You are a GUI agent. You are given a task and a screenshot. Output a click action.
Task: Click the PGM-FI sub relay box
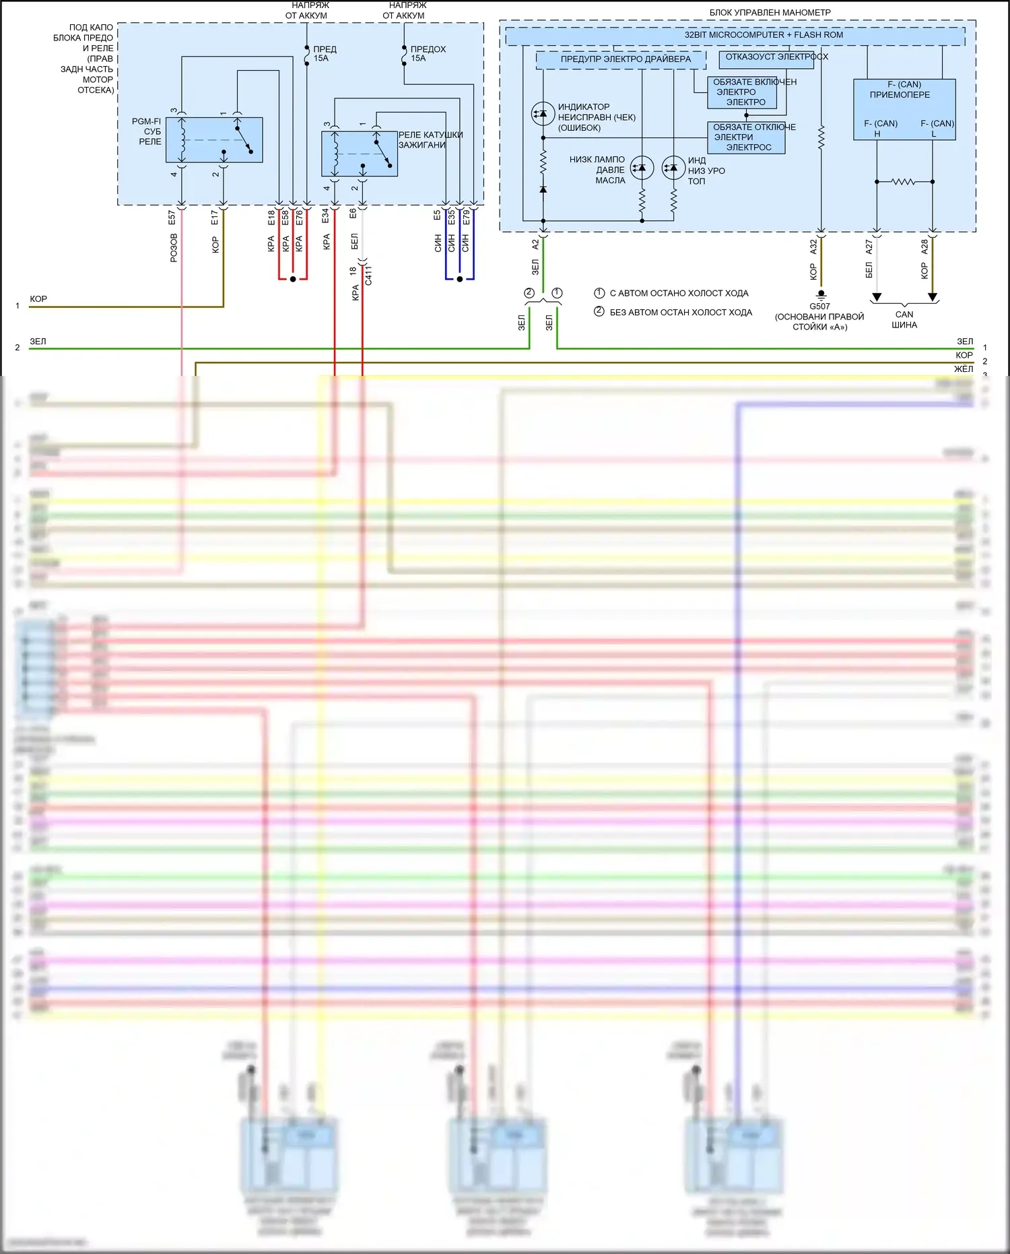(214, 140)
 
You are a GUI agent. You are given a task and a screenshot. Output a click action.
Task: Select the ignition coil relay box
(360, 154)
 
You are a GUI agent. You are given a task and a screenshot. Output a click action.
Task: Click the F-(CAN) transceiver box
(904, 109)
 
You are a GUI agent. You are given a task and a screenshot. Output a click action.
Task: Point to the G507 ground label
(819, 307)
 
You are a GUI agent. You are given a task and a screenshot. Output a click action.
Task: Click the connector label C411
(368, 276)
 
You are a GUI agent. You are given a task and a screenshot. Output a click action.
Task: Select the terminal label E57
(172, 218)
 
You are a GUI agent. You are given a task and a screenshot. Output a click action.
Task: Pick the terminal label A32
(813, 247)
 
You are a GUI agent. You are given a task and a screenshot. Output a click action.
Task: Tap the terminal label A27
(869, 247)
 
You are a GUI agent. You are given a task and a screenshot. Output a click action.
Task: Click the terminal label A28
(924, 247)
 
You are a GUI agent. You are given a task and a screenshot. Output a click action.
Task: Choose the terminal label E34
(325, 216)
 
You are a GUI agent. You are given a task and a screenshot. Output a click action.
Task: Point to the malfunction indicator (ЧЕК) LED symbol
(543, 114)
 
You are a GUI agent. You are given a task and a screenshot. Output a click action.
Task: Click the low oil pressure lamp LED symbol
(642, 168)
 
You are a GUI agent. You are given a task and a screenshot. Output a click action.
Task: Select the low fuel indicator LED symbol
(673, 168)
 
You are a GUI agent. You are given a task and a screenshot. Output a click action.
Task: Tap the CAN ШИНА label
(904, 319)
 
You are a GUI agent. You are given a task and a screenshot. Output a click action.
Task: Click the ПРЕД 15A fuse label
(324, 54)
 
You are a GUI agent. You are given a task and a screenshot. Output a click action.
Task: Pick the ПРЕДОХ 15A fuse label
(428, 54)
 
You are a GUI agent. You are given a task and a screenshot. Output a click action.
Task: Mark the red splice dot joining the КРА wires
(293, 279)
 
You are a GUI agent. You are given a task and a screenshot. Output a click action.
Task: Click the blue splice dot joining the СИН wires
(460, 279)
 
